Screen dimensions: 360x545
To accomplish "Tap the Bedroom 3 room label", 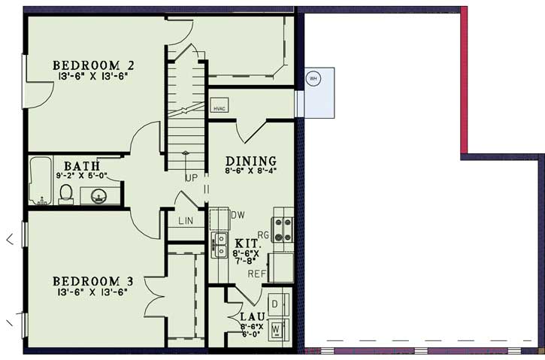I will tap(92, 281).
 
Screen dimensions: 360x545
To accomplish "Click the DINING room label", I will tap(251, 161).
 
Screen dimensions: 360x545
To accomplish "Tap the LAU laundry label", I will tap(251, 316).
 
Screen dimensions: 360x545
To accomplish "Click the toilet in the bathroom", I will tap(65, 194).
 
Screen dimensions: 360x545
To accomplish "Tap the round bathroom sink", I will tap(98, 197).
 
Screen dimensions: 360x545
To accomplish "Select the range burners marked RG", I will tap(283, 229).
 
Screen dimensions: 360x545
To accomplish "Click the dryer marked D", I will tap(276, 303).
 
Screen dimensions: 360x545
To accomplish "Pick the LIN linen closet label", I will tap(186, 221).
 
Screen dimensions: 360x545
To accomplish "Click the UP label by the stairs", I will tap(192, 179).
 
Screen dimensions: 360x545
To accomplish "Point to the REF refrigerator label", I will tap(257, 274).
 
